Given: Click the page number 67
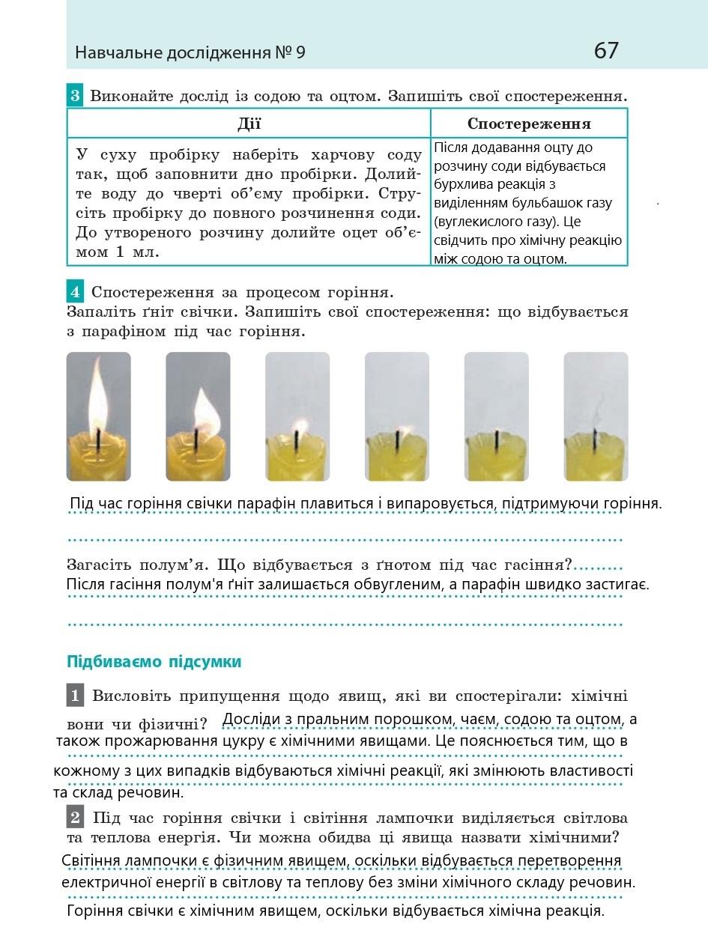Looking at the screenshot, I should (x=606, y=51).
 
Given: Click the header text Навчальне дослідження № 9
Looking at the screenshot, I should (x=190, y=53).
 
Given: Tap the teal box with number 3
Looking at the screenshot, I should (x=75, y=96).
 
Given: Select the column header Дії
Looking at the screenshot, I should (x=249, y=124).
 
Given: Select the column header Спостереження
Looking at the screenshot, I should (x=529, y=124).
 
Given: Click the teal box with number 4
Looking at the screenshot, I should (x=75, y=291).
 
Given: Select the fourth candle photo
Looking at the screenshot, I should (x=396, y=416).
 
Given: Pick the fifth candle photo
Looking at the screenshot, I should (x=496, y=416).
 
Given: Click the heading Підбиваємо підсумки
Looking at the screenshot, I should (x=154, y=662).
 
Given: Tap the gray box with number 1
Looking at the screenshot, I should (x=75, y=696).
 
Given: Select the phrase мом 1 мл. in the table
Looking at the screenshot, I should (x=118, y=252).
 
